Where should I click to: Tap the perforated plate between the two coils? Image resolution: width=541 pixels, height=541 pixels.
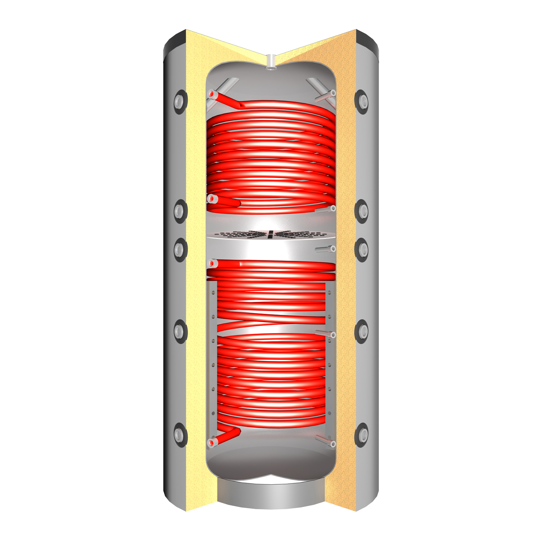point(270,234)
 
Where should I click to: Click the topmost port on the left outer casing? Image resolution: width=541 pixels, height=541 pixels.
point(179,102)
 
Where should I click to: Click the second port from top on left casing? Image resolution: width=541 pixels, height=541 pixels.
point(179,211)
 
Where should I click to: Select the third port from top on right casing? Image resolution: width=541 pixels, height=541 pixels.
point(362,249)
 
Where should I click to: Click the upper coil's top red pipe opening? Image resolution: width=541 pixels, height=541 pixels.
point(212,94)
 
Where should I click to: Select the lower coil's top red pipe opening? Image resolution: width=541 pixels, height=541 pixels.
point(212,264)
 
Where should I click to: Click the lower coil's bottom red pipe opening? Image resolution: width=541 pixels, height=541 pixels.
point(212,442)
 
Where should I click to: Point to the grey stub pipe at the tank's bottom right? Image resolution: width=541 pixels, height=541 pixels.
point(326,441)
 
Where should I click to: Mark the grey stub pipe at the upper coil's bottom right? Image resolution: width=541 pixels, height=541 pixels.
point(326,209)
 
